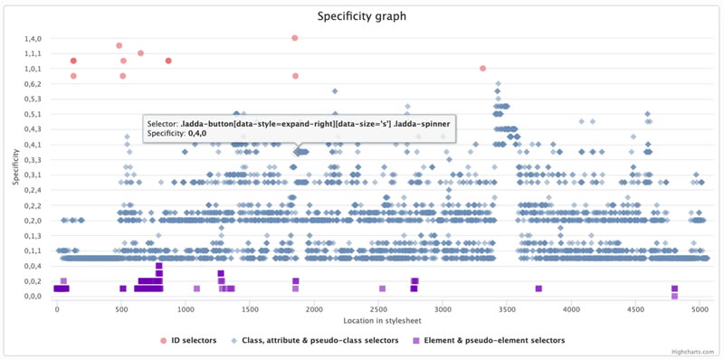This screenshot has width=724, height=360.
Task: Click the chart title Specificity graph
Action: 362,15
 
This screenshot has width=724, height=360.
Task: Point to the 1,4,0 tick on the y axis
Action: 33,38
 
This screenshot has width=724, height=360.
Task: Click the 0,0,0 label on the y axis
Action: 33,296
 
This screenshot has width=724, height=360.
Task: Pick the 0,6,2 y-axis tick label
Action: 33,83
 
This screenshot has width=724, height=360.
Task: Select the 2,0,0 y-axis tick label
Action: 33,220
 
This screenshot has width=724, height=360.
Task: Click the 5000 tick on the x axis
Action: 698,309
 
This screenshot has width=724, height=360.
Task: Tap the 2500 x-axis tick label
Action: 377,309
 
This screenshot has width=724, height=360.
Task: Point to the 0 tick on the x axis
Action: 57,309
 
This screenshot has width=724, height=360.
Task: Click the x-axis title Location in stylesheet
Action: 377,321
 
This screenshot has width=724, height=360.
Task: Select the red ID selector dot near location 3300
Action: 482,69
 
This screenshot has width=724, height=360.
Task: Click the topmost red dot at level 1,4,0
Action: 295,38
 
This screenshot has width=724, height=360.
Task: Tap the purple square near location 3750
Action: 538,289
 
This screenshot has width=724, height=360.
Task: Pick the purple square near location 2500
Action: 382,289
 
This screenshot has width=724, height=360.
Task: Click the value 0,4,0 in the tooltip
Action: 196,133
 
